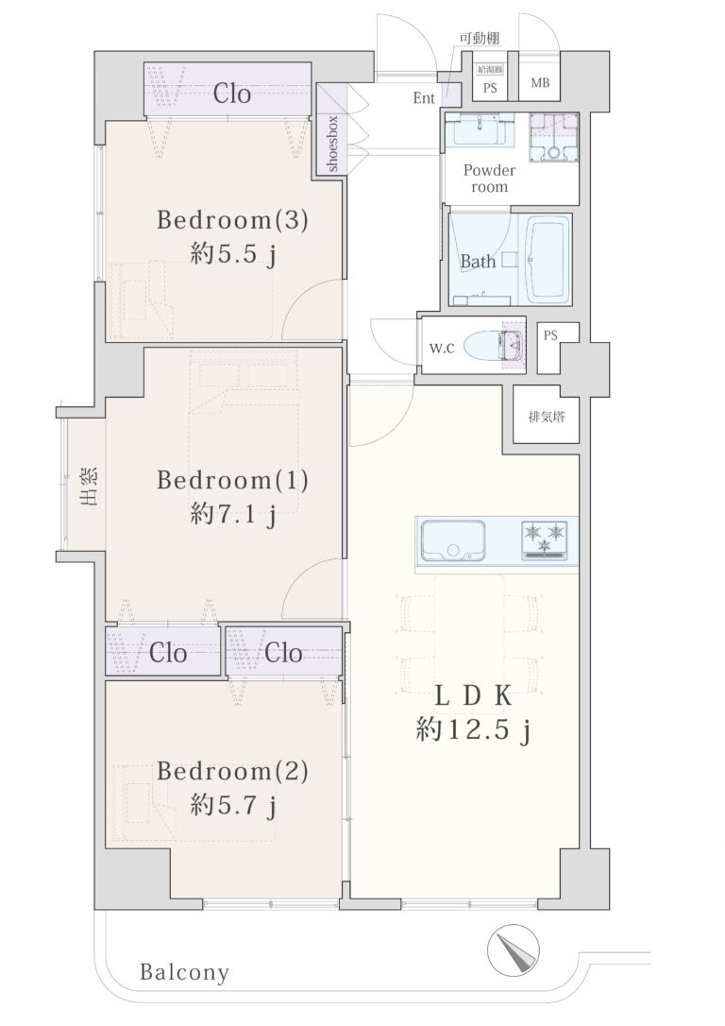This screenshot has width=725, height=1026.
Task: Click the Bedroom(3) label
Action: (232, 220)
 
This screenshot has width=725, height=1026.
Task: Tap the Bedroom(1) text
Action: (232, 480)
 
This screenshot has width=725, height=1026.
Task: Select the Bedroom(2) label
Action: (232, 771)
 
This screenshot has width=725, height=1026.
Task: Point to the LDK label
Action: (473, 696)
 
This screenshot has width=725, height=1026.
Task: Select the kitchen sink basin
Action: (453, 540)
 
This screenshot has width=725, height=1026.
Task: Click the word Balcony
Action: (185, 972)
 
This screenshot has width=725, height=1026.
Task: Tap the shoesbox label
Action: (332, 144)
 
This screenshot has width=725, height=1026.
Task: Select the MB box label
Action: (540, 83)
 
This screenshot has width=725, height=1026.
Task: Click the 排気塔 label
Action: (547, 416)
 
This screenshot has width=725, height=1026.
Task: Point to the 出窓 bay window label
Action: (89, 487)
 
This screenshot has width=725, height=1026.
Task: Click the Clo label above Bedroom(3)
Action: (232, 94)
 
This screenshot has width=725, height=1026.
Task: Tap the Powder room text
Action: (489, 178)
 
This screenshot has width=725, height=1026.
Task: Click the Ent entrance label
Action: (424, 98)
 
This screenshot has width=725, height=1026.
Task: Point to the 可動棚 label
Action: (480, 38)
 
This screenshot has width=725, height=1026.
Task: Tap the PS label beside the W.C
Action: (550, 335)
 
